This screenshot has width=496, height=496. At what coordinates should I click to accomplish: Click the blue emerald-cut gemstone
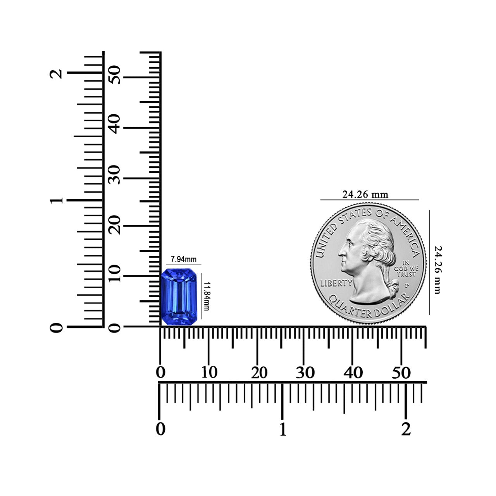[179, 297]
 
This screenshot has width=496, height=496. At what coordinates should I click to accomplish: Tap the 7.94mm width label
[184, 260]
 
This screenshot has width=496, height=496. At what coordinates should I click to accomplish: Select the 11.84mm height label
[206, 296]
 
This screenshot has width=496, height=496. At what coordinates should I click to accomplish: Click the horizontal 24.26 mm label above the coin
[365, 195]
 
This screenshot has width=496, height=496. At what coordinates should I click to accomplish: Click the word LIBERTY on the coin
[336, 283]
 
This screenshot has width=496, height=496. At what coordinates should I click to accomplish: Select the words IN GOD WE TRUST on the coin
[406, 268]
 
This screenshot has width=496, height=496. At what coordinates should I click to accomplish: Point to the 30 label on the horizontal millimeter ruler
[305, 372]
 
